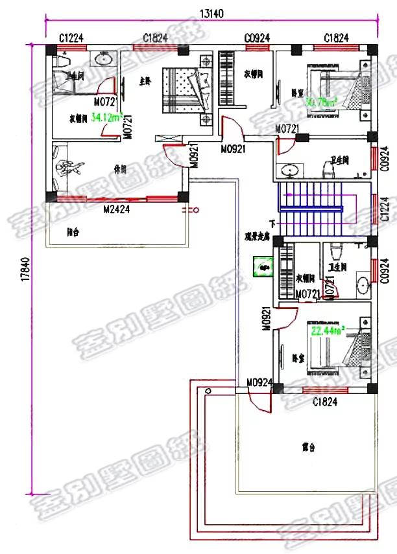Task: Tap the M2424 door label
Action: tap(117, 209)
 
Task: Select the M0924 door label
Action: tap(258, 382)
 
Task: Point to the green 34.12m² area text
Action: tap(107, 117)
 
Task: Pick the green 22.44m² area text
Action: tap(328, 330)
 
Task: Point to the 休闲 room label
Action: tap(119, 170)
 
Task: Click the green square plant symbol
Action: tap(263, 264)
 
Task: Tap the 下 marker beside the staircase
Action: tap(272, 224)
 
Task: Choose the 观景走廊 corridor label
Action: tap(257, 237)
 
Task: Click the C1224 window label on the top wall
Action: tap(71, 39)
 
